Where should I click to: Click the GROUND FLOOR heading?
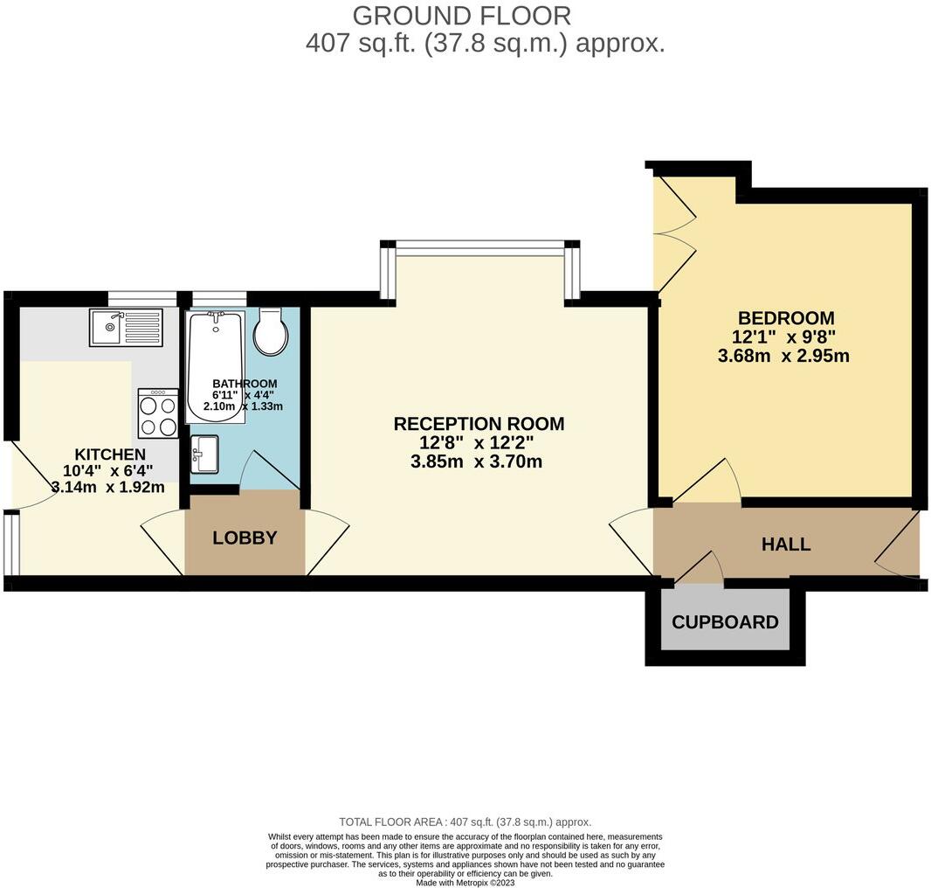[x=462, y=15]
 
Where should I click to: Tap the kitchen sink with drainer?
[x=126, y=328]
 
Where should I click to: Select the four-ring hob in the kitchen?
[x=158, y=413]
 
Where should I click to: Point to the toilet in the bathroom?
[x=271, y=332]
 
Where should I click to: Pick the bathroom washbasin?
[x=204, y=454]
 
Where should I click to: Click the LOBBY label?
[x=245, y=538]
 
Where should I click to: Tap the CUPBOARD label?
[x=725, y=622]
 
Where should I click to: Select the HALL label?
[x=786, y=544]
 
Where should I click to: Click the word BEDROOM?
[x=786, y=318]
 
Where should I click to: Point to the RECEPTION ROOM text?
[x=479, y=424]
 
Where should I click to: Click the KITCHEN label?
[x=109, y=454]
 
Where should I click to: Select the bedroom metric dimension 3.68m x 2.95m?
[x=783, y=356]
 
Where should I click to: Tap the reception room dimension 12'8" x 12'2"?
[x=477, y=443]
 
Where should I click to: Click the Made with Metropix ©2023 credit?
[x=465, y=883]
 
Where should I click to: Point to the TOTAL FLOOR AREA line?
[x=465, y=822]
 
